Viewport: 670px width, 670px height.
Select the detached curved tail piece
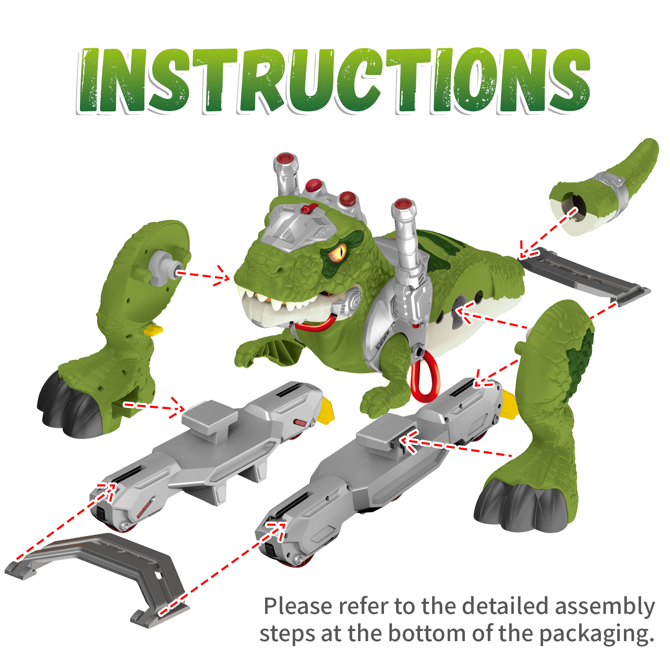(604, 187)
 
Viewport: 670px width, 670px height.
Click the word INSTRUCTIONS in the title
(334, 81)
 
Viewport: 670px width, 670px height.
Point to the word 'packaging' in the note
(596, 634)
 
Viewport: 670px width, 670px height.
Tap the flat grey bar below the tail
(585, 276)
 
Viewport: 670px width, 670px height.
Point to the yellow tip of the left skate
(327, 410)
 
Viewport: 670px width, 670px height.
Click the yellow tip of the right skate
(510, 404)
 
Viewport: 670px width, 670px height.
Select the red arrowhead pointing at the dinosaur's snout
(222, 276)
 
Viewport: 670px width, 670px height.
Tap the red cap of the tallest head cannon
(286, 158)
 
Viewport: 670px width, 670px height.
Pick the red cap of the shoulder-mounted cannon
(403, 204)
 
